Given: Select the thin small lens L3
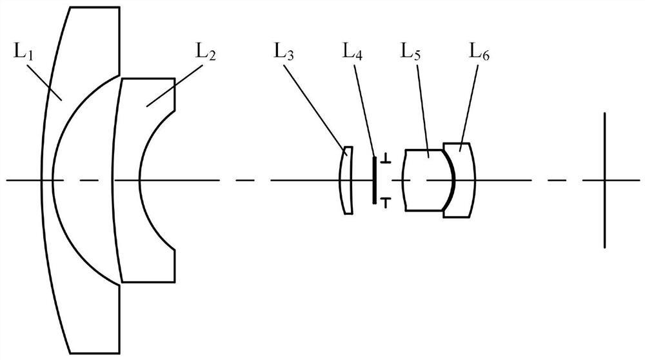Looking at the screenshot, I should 346,181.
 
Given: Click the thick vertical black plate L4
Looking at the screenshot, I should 374,180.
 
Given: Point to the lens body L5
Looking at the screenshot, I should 422,181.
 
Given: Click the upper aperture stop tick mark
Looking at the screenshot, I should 385,158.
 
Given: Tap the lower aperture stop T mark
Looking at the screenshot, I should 385,203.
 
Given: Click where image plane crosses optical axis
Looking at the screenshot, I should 604,180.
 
